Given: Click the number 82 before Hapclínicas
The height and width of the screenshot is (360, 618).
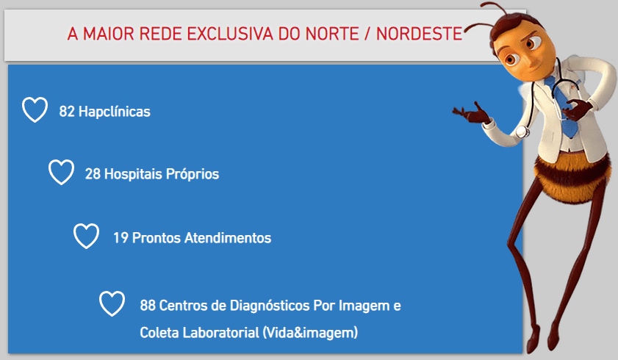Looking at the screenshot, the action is click(67, 112).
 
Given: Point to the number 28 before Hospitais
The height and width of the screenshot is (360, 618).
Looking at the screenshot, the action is click(93, 174).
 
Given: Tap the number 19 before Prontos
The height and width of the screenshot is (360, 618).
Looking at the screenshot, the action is click(121, 238).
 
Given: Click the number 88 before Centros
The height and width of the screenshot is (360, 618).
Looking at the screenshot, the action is click(148, 306).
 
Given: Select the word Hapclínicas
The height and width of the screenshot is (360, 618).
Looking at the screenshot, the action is click(115, 112).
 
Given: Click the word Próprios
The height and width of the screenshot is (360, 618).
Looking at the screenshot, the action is click(193, 174).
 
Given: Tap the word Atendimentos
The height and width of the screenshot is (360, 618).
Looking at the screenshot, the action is click(228, 238).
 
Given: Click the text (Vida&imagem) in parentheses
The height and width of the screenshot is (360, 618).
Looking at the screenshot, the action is click(310, 333).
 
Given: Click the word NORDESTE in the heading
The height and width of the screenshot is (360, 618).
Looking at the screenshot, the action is click(419, 34).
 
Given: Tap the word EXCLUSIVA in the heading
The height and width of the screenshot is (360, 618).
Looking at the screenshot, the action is click(230, 34).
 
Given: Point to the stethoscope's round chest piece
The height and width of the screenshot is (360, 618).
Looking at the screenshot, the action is click(522, 132).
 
